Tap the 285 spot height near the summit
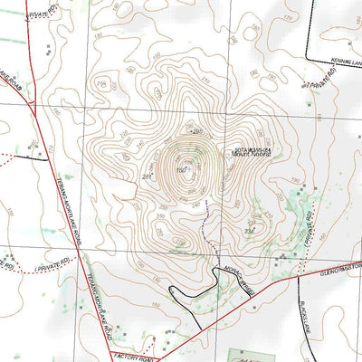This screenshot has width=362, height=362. tap(198, 132)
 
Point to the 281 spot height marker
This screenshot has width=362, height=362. tap(147, 176)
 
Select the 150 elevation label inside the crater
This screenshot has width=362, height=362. tap(181, 170)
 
